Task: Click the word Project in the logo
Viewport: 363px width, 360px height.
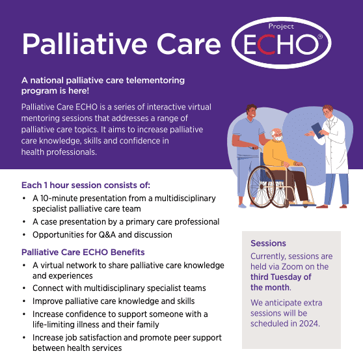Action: (281, 27)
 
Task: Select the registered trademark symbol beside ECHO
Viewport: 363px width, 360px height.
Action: (319, 36)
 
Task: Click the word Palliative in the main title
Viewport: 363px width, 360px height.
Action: (85, 44)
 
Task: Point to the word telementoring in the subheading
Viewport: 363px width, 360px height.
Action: (155, 80)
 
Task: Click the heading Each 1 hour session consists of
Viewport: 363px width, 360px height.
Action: (86, 185)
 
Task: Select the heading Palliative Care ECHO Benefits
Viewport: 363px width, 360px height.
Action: (83, 252)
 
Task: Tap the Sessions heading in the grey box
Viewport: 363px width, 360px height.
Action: (268, 243)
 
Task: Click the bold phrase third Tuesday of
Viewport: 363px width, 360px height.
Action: (281, 277)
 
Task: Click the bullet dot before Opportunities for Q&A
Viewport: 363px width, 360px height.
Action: (24, 235)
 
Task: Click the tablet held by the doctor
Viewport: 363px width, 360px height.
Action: (317, 131)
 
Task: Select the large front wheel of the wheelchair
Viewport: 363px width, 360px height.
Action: (262, 186)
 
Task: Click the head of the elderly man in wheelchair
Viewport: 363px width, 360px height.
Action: (277, 135)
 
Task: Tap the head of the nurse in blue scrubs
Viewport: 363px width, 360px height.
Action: (251, 112)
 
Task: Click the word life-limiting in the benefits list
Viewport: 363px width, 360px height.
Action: (49, 325)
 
